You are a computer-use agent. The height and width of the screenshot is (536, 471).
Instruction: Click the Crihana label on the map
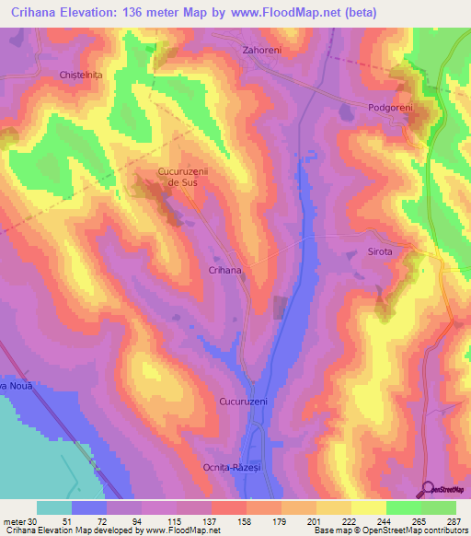pos(224,271)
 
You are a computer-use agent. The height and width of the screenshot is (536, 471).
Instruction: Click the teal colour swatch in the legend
pos(54,507)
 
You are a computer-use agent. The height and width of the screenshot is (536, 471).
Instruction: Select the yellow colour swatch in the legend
pos(369,507)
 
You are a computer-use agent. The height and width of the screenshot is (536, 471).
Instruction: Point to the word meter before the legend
pos(15,521)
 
